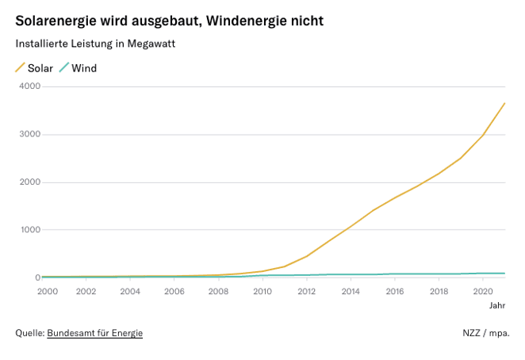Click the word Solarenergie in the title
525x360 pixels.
56,21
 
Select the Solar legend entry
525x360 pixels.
40,68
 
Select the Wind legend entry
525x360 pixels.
84,68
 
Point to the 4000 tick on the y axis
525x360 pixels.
29,86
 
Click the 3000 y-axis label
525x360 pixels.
29,134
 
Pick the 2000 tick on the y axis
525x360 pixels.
29,182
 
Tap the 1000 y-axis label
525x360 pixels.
29,230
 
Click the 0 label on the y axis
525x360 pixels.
37,278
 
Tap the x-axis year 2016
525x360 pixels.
395,291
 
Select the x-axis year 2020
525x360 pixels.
483,291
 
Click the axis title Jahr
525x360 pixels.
496,305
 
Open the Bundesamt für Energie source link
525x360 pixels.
94,333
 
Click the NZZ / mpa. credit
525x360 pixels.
486,333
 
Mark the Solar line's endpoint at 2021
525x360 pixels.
505,103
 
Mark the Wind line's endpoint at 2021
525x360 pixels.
505,274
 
